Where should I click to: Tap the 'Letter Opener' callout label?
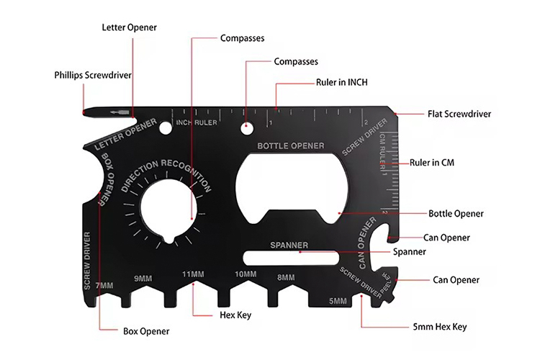tap(128, 27)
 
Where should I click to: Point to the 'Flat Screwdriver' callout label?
tap(459, 114)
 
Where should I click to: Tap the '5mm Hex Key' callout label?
tap(441, 327)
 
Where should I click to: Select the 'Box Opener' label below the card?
tap(145, 331)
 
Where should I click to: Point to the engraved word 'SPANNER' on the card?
tap(289, 246)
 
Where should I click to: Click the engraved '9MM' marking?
tap(143, 279)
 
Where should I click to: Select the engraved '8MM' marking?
tap(286, 277)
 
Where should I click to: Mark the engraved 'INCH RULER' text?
tap(197, 122)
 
